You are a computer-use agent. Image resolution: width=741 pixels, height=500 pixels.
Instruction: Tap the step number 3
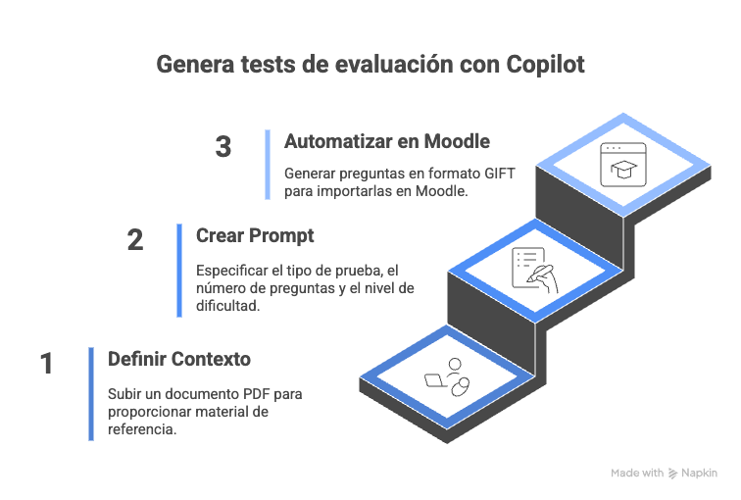point(223,148)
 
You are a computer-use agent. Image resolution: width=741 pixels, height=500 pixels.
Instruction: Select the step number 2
point(135,240)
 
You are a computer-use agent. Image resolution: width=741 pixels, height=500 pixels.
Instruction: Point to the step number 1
point(46,365)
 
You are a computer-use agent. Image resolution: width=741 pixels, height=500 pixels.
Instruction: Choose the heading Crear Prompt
point(255,236)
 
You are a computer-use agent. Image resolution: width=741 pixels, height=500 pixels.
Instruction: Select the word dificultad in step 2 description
point(228,306)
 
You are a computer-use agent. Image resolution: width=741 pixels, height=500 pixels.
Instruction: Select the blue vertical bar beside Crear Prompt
point(179,271)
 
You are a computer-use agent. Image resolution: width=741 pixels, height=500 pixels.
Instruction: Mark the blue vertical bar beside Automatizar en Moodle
point(267,164)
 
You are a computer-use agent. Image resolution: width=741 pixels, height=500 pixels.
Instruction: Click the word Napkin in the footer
point(701,473)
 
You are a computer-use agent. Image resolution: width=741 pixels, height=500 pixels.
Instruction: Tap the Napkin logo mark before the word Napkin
point(672,473)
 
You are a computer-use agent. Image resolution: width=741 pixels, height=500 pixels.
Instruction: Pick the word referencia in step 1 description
point(143,429)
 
